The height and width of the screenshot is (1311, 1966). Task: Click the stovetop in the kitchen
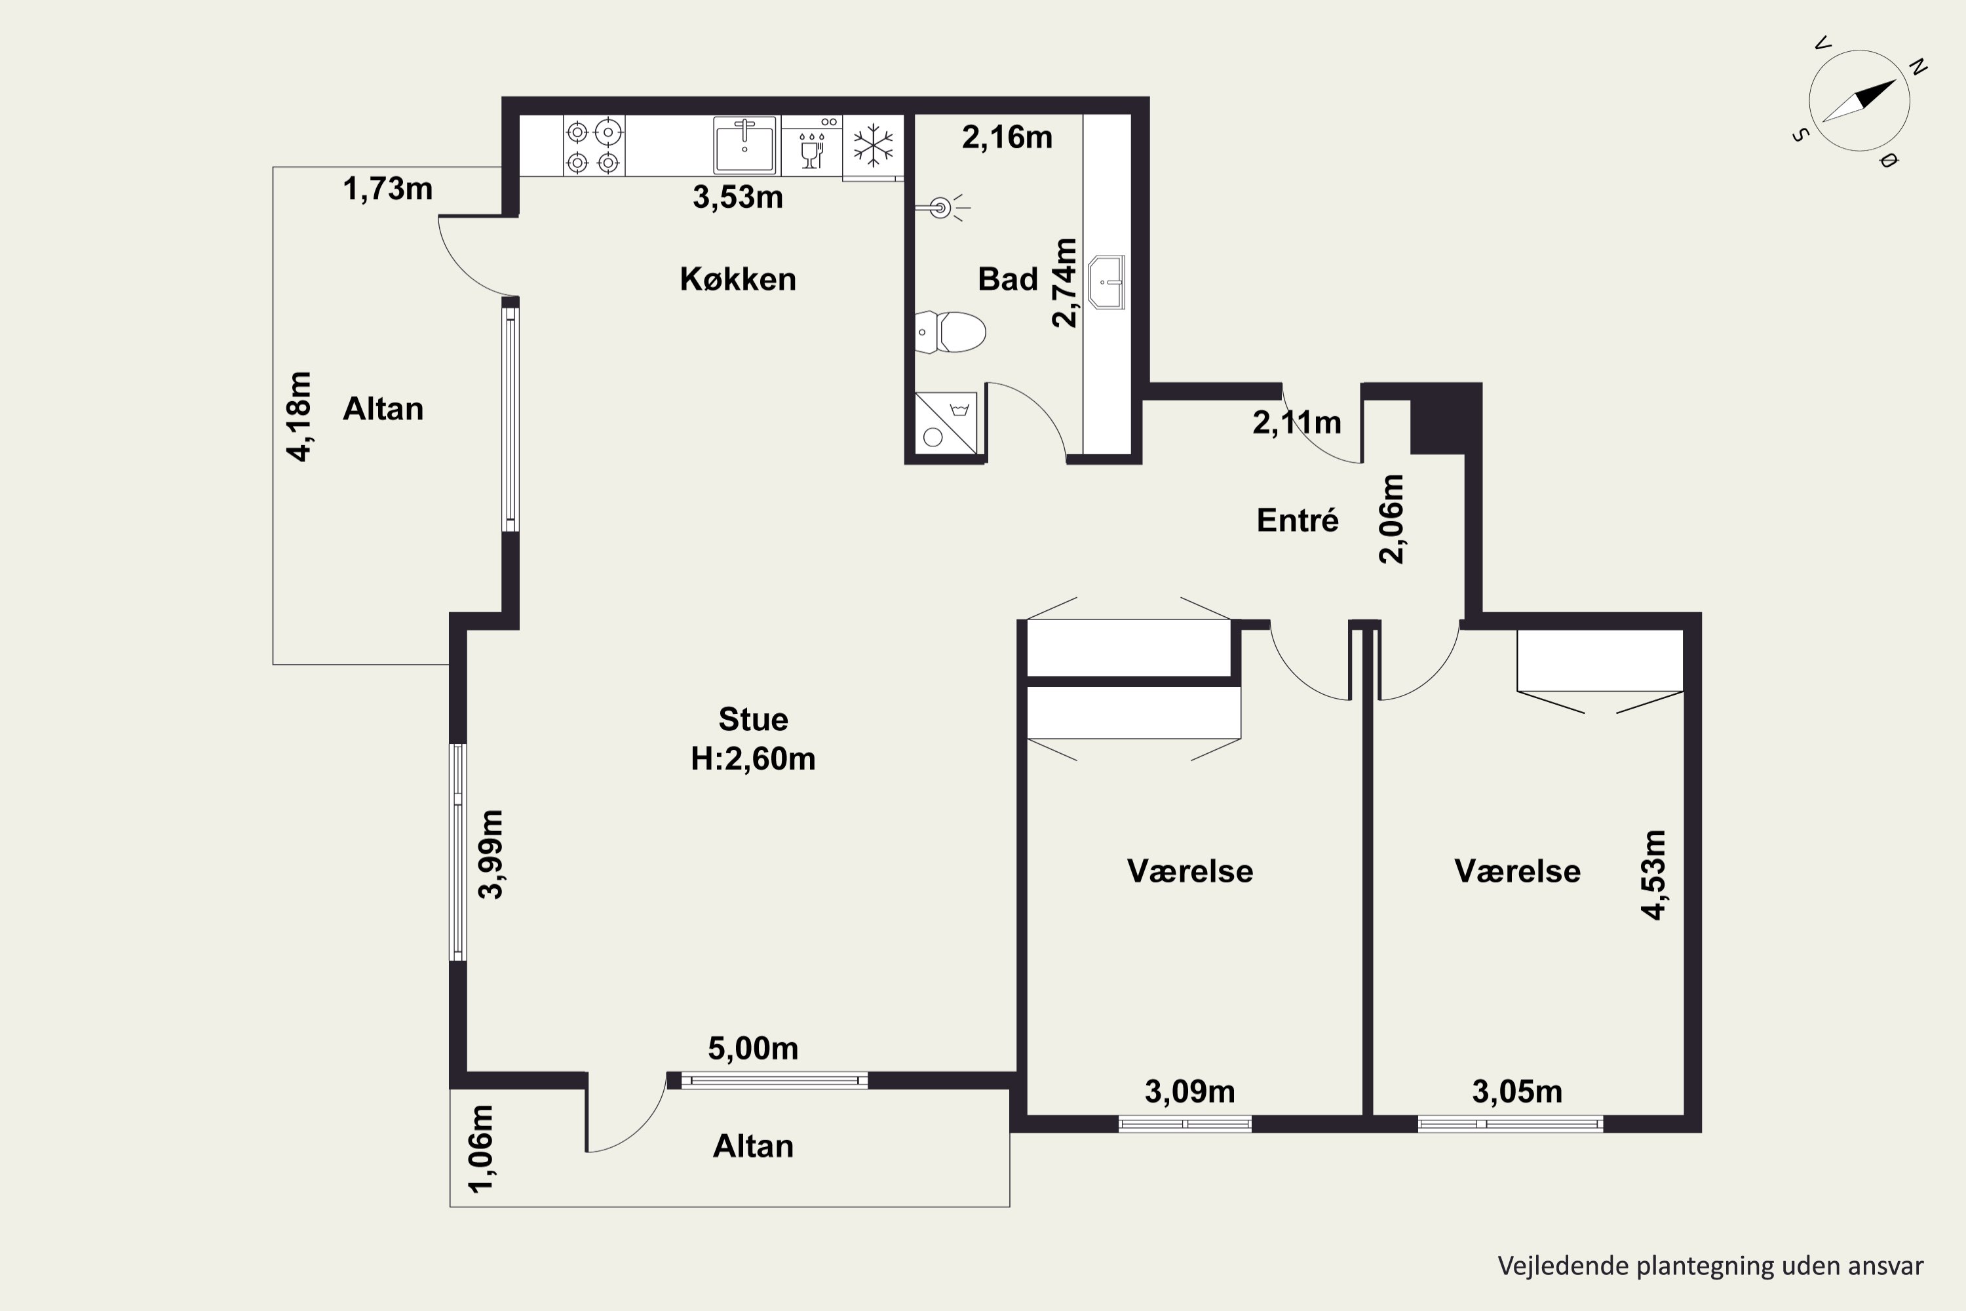pos(594,146)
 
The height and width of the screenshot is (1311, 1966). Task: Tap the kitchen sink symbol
pos(744,145)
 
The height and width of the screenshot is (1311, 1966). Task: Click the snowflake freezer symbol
pos(874,145)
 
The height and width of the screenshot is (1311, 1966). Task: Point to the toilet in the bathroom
pos(952,332)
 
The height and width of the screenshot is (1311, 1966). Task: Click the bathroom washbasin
pos(1107,283)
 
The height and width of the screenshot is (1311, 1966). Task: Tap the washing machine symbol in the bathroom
pos(946,423)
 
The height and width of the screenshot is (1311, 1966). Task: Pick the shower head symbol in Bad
pos(943,206)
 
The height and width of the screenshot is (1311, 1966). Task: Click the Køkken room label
pos(738,279)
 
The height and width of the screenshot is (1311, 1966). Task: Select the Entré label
pos(1298,520)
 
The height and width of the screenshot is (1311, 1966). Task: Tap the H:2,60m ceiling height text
pos(753,758)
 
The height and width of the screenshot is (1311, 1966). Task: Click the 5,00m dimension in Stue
pos(753,1047)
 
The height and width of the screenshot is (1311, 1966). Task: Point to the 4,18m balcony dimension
pos(299,416)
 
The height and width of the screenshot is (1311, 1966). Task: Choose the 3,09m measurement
pos(1189,1091)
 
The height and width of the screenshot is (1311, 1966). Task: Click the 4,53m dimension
pos(1653,874)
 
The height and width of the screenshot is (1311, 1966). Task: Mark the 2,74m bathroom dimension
pos(1064,283)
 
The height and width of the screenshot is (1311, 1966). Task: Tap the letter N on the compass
pos(1919,67)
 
